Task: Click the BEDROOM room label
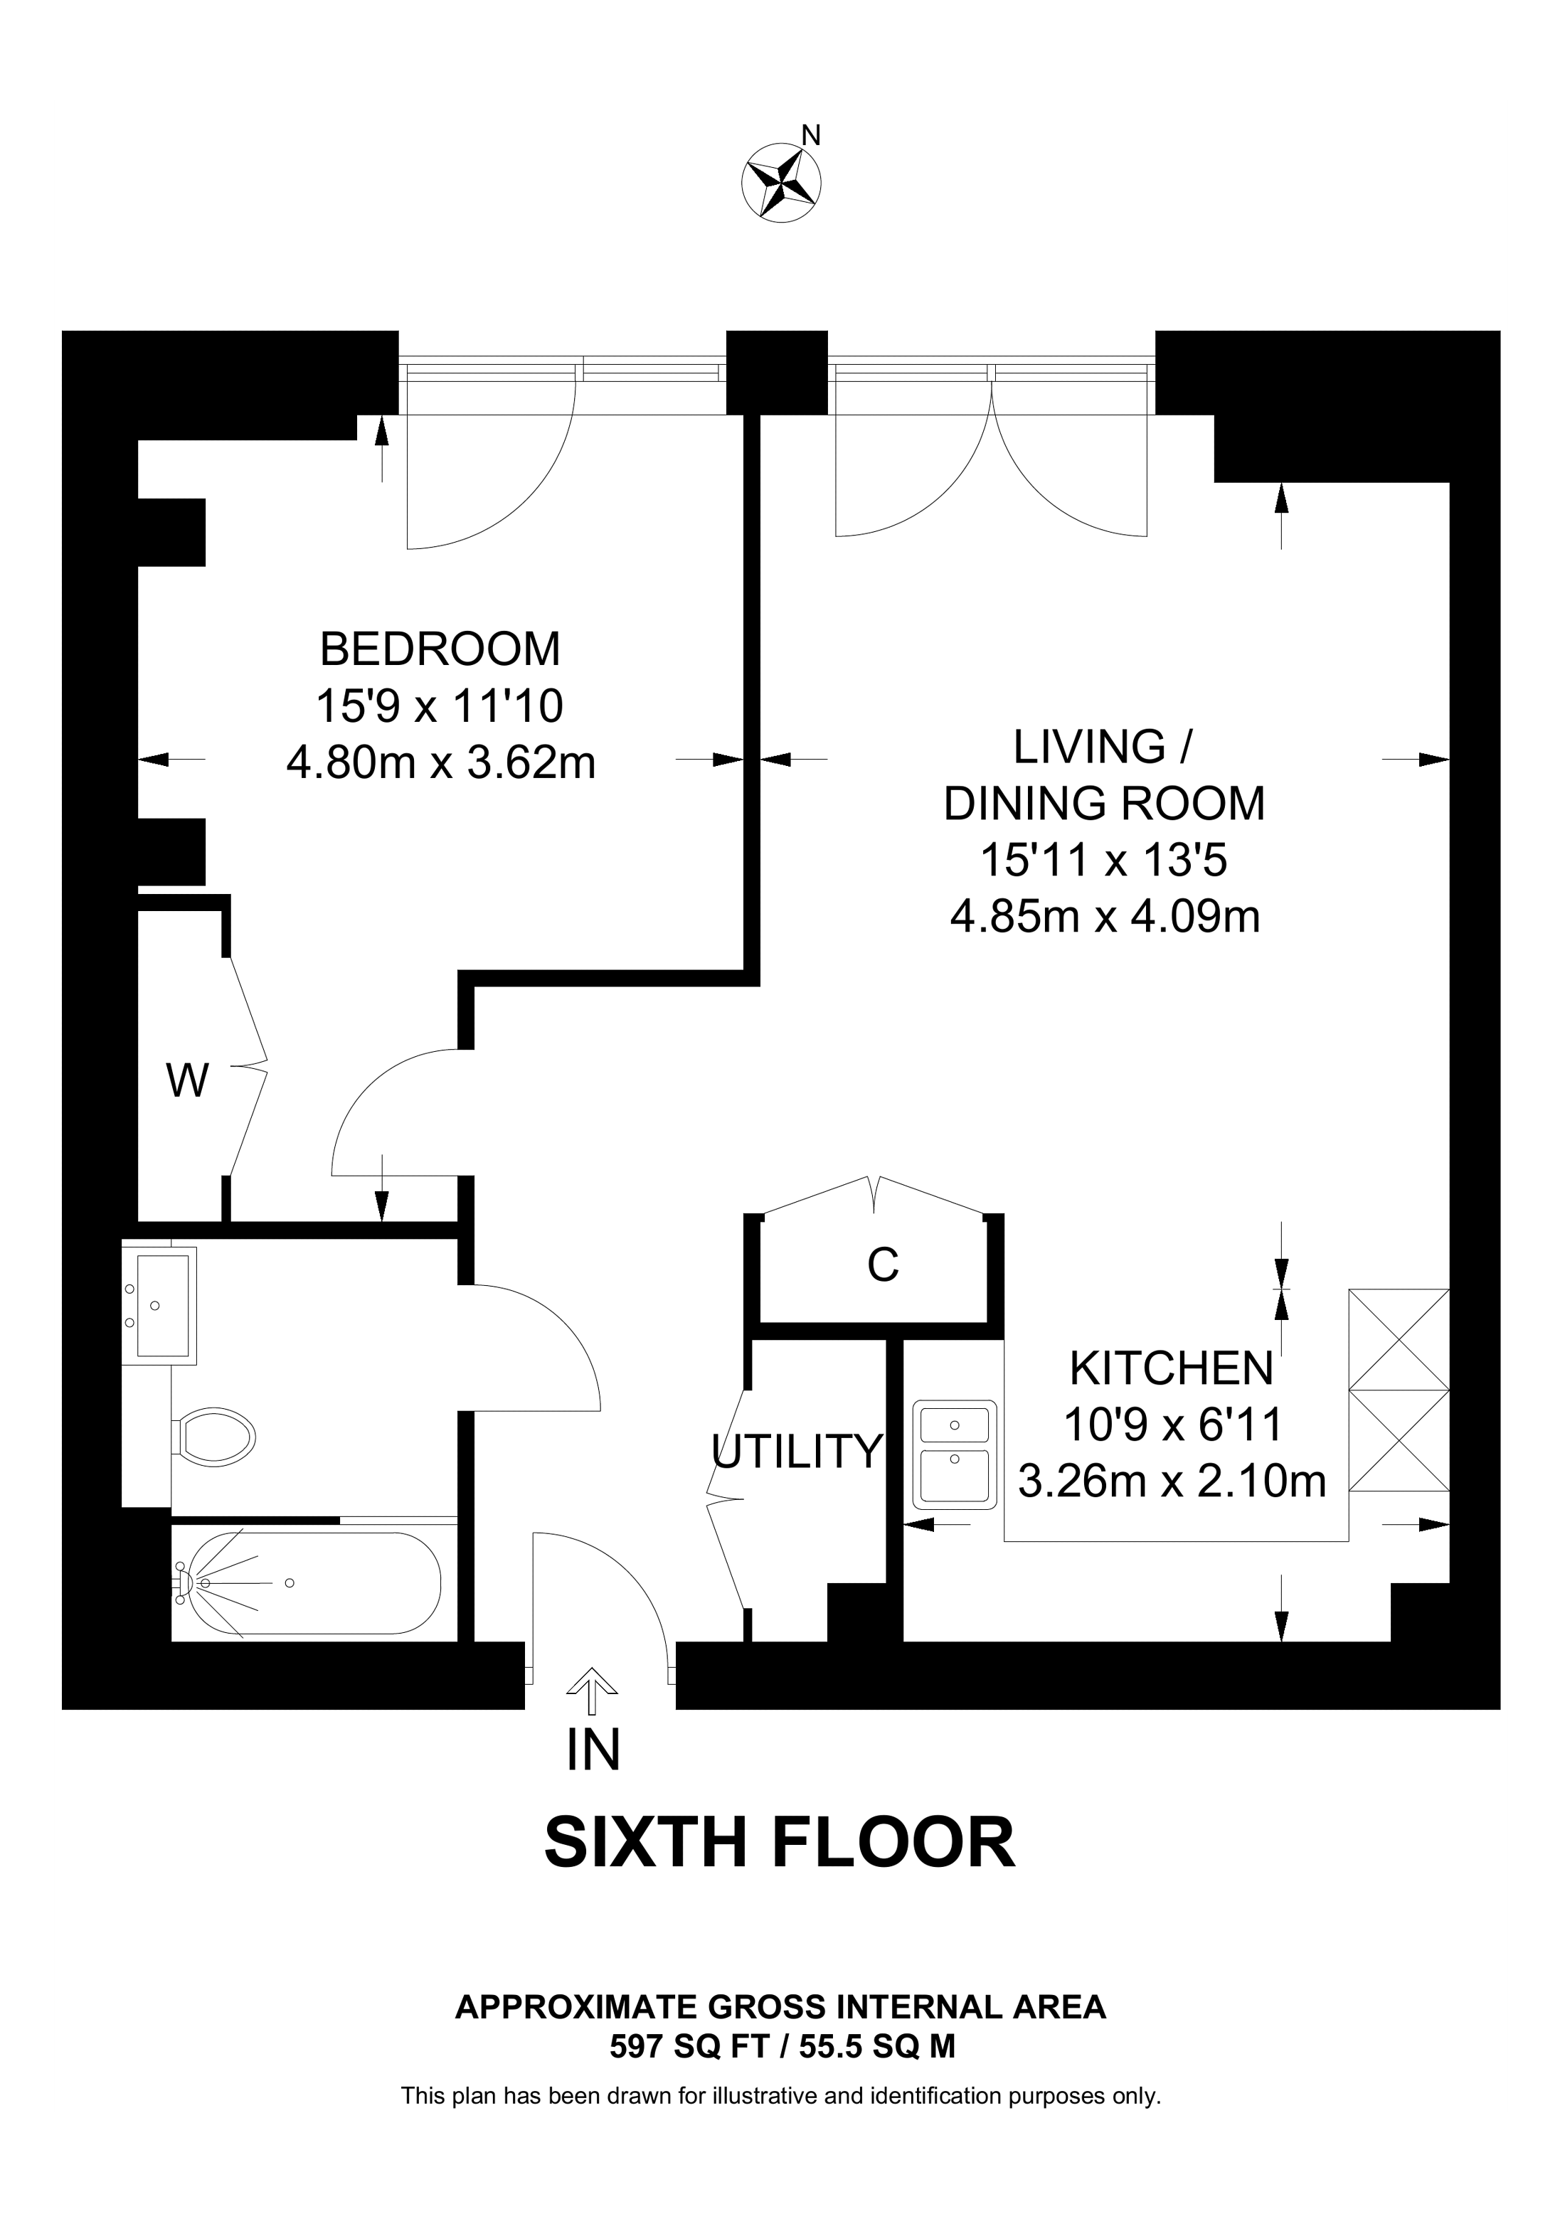click(440, 649)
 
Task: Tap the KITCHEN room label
click(1172, 1368)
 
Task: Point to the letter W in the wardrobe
click(187, 1080)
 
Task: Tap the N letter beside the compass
click(812, 136)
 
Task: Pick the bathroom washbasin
click(160, 1306)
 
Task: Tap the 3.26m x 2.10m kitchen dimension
click(1172, 1481)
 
